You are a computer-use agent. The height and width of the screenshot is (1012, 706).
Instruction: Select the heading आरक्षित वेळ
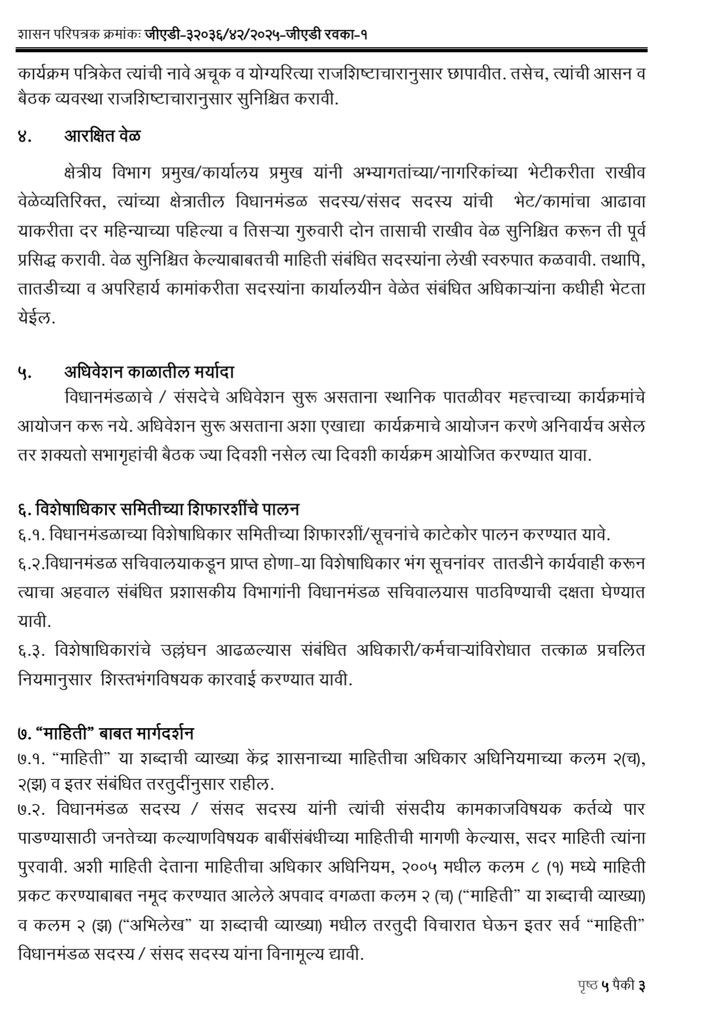pyautogui.click(x=102, y=135)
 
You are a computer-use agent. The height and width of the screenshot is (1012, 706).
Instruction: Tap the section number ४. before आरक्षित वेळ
pyautogui.click(x=24, y=136)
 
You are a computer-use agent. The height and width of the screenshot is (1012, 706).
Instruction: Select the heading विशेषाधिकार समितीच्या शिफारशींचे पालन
pyautogui.click(x=168, y=508)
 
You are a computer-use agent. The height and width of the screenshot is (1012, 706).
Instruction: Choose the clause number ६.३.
pyautogui.click(x=31, y=650)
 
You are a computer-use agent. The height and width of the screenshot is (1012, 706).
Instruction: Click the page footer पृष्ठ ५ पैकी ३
pyautogui.click(x=611, y=986)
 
